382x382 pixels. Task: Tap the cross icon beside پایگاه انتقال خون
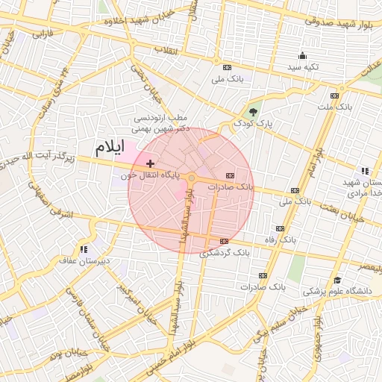point(151,163)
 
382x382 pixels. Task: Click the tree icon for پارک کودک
point(254,113)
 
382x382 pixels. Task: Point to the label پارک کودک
point(248,123)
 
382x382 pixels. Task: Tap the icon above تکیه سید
point(301,55)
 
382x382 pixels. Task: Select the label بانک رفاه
point(280,240)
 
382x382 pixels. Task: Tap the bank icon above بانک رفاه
point(280,228)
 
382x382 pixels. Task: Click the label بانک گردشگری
point(225,252)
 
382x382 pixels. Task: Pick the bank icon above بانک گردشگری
point(225,240)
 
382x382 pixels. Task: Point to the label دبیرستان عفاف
point(84,260)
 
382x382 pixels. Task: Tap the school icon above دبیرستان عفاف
point(84,248)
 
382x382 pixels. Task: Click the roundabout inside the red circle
point(191,178)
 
